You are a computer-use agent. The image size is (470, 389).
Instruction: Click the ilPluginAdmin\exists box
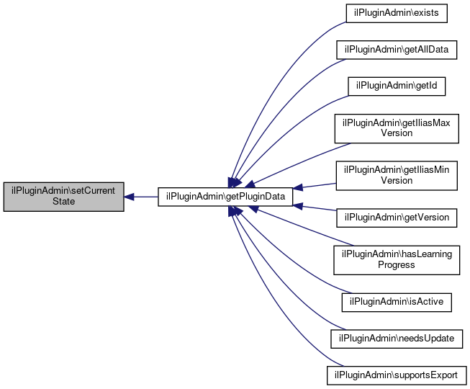pyautogui.click(x=397, y=13)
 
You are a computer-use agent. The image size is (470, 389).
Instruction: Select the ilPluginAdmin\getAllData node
pyautogui.click(x=397, y=50)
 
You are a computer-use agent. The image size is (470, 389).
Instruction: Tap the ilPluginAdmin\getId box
pyautogui.click(x=397, y=86)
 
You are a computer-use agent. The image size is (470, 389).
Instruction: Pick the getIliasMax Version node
pyautogui.click(x=397, y=128)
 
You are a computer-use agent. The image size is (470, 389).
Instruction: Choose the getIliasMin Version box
pyautogui.click(x=397, y=176)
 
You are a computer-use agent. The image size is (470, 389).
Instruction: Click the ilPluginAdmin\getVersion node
pyautogui.click(x=397, y=218)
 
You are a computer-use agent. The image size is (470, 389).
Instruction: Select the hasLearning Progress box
pyautogui.click(x=397, y=260)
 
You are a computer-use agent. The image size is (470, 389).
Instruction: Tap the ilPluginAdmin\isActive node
pyautogui.click(x=397, y=302)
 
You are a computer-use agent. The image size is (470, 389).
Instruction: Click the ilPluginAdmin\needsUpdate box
pyautogui.click(x=397, y=339)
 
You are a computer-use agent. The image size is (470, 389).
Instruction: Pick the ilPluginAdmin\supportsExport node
pyautogui.click(x=397, y=375)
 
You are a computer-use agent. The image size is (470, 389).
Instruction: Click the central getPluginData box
pyautogui.click(x=225, y=197)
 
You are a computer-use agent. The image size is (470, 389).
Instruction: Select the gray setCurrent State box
pyautogui.click(x=63, y=197)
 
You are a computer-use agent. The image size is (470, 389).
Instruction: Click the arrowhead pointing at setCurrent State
pyautogui.click(x=129, y=197)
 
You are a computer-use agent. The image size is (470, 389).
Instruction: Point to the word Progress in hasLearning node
pyautogui.click(x=397, y=265)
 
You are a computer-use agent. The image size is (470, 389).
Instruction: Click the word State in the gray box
pyautogui.click(x=63, y=201)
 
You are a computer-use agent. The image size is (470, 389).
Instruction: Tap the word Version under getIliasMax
pyautogui.click(x=397, y=133)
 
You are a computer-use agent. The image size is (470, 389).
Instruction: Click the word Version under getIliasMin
pyautogui.click(x=397, y=180)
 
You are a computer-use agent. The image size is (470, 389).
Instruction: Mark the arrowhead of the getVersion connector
pyautogui.click(x=298, y=206)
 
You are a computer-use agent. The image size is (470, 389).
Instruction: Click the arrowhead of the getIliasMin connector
pyautogui.click(x=298, y=188)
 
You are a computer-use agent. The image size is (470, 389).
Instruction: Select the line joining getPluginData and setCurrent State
pyautogui.click(x=145, y=197)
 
